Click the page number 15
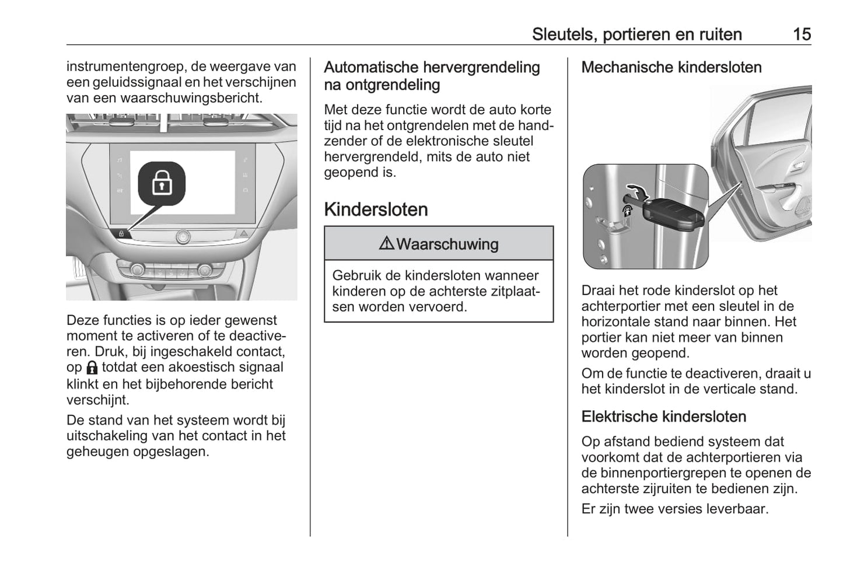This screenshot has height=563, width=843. [x=802, y=34]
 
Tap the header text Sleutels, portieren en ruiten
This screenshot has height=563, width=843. [x=636, y=34]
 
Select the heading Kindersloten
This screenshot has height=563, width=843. [x=376, y=209]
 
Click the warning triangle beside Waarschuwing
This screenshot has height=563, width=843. [x=386, y=243]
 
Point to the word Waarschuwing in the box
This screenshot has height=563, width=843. [x=447, y=244]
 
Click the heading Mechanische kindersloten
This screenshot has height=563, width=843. [x=671, y=68]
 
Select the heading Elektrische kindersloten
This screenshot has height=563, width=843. [x=664, y=417]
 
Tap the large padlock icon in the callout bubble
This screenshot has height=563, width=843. [x=162, y=184]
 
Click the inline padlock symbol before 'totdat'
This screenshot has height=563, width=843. [x=92, y=368]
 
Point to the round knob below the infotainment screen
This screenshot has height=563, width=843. [x=183, y=236]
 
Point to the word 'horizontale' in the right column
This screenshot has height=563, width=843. [x=620, y=321]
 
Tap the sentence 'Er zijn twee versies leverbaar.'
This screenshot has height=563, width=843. [x=675, y=509]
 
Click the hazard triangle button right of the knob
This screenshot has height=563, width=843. [x=244, y=233]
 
